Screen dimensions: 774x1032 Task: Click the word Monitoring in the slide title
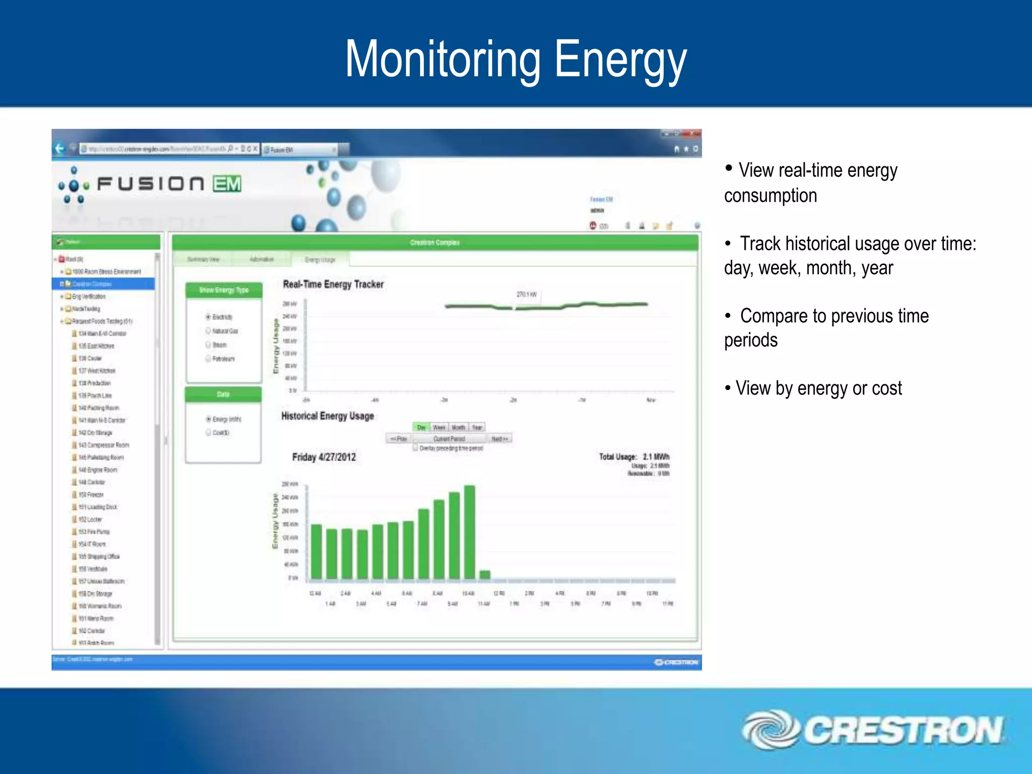click(442, 59)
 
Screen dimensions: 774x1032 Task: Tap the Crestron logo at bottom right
click(872, 730)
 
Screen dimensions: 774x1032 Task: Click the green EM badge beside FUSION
click(227, 184)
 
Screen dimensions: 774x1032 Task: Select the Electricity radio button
click(208, 317)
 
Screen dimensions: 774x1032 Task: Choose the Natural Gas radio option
click(208, 331)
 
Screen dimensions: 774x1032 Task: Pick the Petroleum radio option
click(208, 359)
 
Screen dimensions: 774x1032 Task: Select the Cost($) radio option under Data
click(208, 432)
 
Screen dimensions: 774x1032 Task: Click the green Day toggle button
click(421, 427)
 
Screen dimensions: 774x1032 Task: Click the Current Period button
click(449, 439)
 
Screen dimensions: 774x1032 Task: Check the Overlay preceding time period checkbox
click(416, 448)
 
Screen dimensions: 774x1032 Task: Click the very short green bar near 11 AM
click(485, 574)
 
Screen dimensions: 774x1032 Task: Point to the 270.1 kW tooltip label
click(527, 294)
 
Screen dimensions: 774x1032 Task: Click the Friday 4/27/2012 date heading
click(324, 457)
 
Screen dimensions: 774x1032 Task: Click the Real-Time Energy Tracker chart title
click(333, 284)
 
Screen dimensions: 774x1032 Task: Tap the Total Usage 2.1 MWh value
click(656, 457)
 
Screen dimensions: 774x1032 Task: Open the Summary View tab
click(203, 260)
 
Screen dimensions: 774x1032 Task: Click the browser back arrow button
click(59, 149)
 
